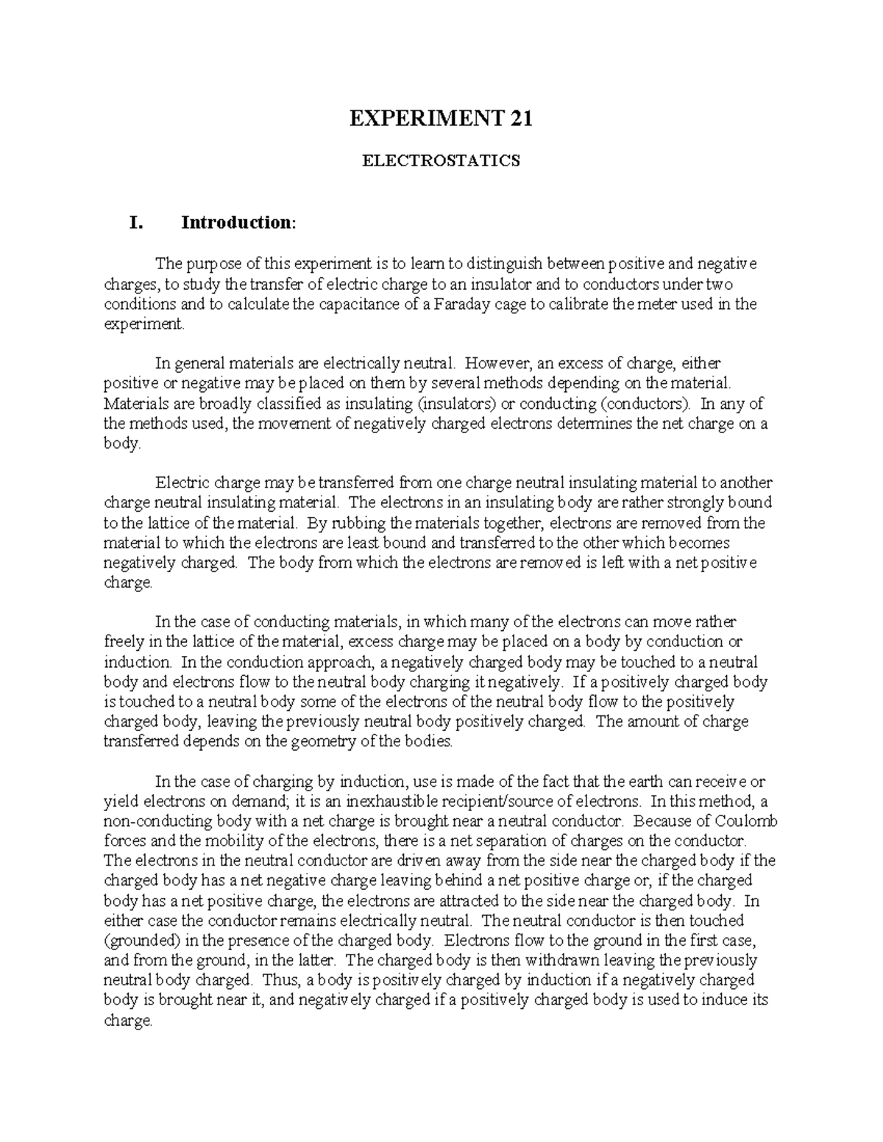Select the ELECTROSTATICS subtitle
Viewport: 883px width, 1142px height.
[441, 161]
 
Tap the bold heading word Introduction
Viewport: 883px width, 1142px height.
[235, 222]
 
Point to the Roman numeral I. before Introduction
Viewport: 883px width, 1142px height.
[135, 222]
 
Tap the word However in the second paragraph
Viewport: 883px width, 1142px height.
[495, 363]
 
